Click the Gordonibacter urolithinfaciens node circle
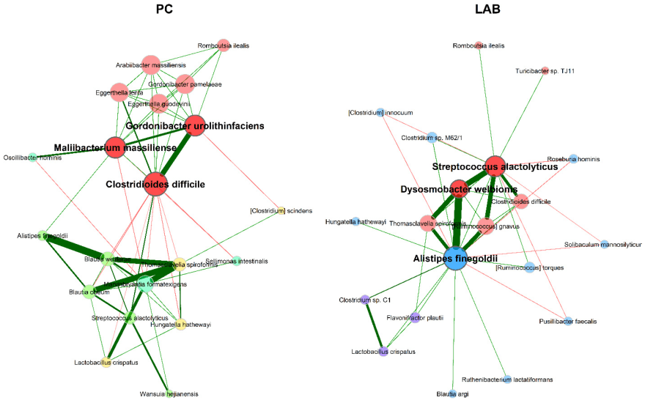point(194,125)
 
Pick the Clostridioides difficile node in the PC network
point(155,183)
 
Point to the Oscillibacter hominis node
point(32,158)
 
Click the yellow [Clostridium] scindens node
point(279,211)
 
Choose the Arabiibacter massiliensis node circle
point(151,64)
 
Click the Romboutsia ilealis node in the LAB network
point(479,45)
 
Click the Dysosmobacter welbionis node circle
point(459,189)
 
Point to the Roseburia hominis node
point(573,158)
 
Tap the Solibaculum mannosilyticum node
point(603,244)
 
